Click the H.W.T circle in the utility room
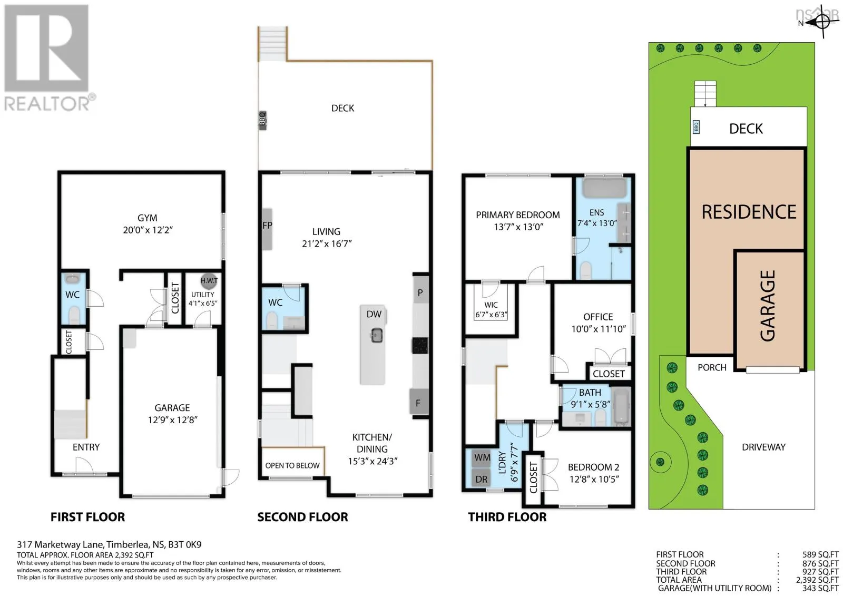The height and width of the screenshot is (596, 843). click(x=209, y=281)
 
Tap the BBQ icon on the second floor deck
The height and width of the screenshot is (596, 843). click(x=262, y=121)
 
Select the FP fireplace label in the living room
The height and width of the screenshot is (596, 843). click(x=267, y=226)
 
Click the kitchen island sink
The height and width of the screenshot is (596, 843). click(x=377, y=335)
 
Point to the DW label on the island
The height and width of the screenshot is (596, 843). click(x=374, y=314)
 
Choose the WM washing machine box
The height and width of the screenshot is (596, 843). click(x=482, y=457)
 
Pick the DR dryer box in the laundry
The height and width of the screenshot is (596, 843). click(x=482, y=479)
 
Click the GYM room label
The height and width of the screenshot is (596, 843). click(x=147, y=218)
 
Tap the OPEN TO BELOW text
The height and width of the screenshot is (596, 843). click(x=292, y=465)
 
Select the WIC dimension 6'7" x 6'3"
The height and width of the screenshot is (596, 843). click(x=491, y=315)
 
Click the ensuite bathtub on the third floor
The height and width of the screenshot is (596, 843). click(x=604, y=188)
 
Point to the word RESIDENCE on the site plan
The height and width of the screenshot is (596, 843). click(x=749, y=212)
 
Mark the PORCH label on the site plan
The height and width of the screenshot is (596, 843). click(x=712, y=367)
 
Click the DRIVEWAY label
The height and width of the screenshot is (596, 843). click(x=763, y=447)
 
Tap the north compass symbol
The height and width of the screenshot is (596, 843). click(x=822, y=22)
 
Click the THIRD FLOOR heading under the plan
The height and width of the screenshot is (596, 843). click(x=507, y=517)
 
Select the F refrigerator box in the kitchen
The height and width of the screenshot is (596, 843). click(x=419, y=403)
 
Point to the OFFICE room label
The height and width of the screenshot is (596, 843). click(x=598, y=317)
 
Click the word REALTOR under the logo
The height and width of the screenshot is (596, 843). click(x=47, y=103)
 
